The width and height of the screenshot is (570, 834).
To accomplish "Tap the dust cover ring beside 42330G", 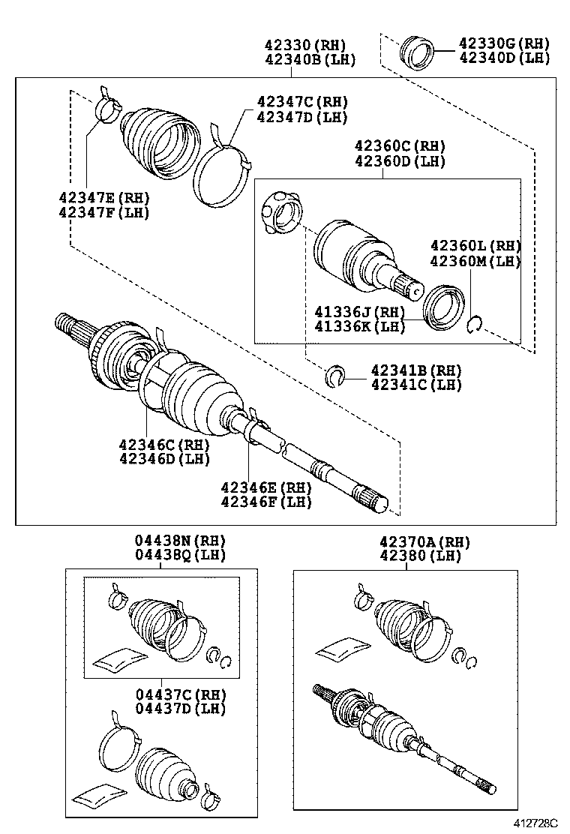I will click(418, 51).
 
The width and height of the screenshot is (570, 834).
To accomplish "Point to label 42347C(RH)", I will click(302, 102).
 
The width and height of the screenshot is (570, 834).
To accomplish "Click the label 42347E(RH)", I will click(104, 198).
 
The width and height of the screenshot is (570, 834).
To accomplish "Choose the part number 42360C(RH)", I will click(400, 146).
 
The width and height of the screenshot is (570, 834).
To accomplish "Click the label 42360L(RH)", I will click(475, 246).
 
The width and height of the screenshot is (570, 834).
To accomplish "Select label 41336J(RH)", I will click(360, 312).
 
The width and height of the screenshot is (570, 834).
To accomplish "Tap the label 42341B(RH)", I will click(416, 370).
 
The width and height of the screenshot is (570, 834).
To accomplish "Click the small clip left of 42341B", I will click(335, 376).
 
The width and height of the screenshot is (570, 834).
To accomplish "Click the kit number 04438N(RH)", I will click(180, 541).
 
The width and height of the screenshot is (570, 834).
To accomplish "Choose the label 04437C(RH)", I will click(180, 694).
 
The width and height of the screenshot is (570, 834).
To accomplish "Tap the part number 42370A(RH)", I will click(414, 541).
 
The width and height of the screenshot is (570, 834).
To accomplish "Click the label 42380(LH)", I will click(414, 556).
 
